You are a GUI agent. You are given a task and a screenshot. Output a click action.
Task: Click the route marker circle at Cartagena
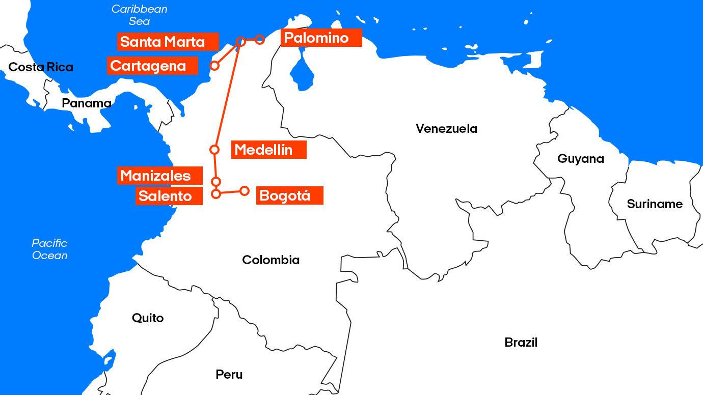214,66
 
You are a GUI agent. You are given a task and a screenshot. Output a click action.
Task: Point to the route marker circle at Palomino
260,39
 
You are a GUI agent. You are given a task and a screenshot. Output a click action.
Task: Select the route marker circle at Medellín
214,150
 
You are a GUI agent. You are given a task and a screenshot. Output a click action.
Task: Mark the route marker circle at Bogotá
245,191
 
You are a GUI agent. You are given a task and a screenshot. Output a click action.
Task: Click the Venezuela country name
446,128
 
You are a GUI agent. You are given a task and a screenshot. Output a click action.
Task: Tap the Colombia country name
271,260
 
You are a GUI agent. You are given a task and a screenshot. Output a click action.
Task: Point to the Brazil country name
521,343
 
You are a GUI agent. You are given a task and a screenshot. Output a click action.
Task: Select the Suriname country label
655,204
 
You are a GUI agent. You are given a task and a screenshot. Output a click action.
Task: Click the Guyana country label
581,159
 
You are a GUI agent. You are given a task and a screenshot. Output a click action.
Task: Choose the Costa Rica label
41,67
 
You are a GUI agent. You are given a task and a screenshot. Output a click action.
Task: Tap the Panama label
87,103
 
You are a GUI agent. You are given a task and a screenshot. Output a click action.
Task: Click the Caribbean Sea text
139,15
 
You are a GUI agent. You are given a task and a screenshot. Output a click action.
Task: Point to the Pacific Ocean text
49,249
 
